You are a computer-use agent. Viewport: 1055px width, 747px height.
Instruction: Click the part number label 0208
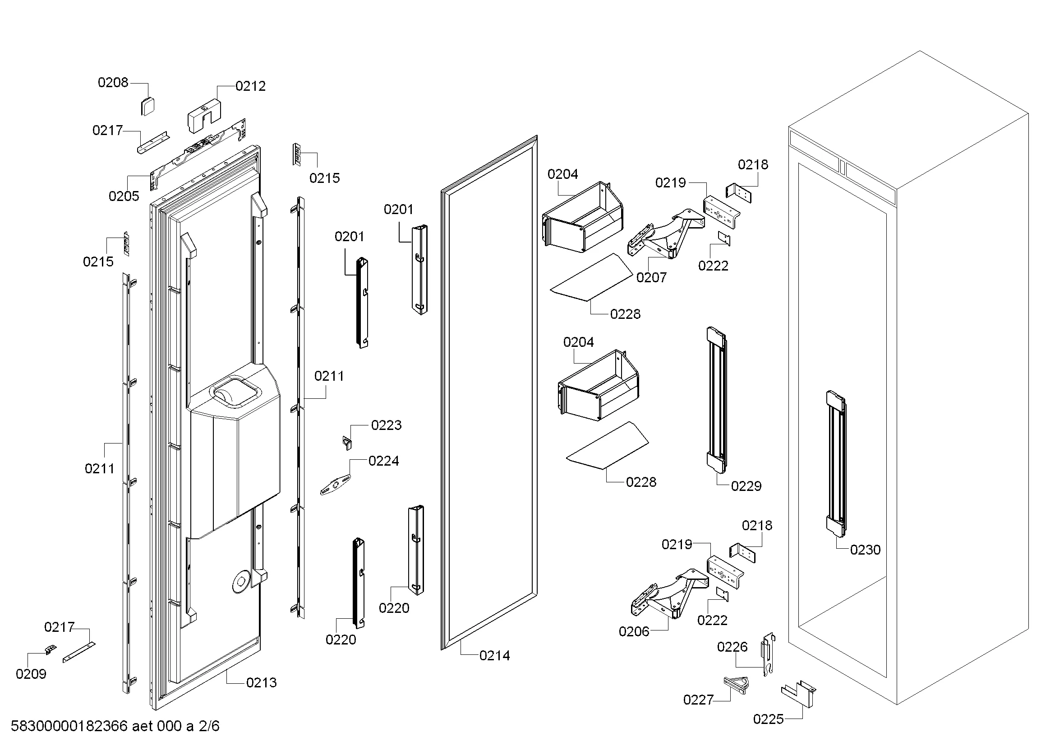[113, 83]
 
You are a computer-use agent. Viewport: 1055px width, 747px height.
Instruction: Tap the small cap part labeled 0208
[147, 106]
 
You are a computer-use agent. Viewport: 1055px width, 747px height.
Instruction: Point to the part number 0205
[124, 196]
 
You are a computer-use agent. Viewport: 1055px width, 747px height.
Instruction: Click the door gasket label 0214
[494, 656]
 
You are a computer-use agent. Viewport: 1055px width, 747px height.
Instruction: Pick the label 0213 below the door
[262, 682]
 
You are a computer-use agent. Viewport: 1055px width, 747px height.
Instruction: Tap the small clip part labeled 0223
[347, 443]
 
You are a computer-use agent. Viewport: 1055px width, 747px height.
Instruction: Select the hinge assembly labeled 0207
[666, 234]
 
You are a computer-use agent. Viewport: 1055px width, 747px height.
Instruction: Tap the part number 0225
[768, 719]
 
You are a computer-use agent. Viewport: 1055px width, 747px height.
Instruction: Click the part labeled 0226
[768, 653]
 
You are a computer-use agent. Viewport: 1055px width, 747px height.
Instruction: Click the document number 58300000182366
[69, 726]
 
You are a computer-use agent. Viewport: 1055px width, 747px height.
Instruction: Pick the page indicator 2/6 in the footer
[209, 726]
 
